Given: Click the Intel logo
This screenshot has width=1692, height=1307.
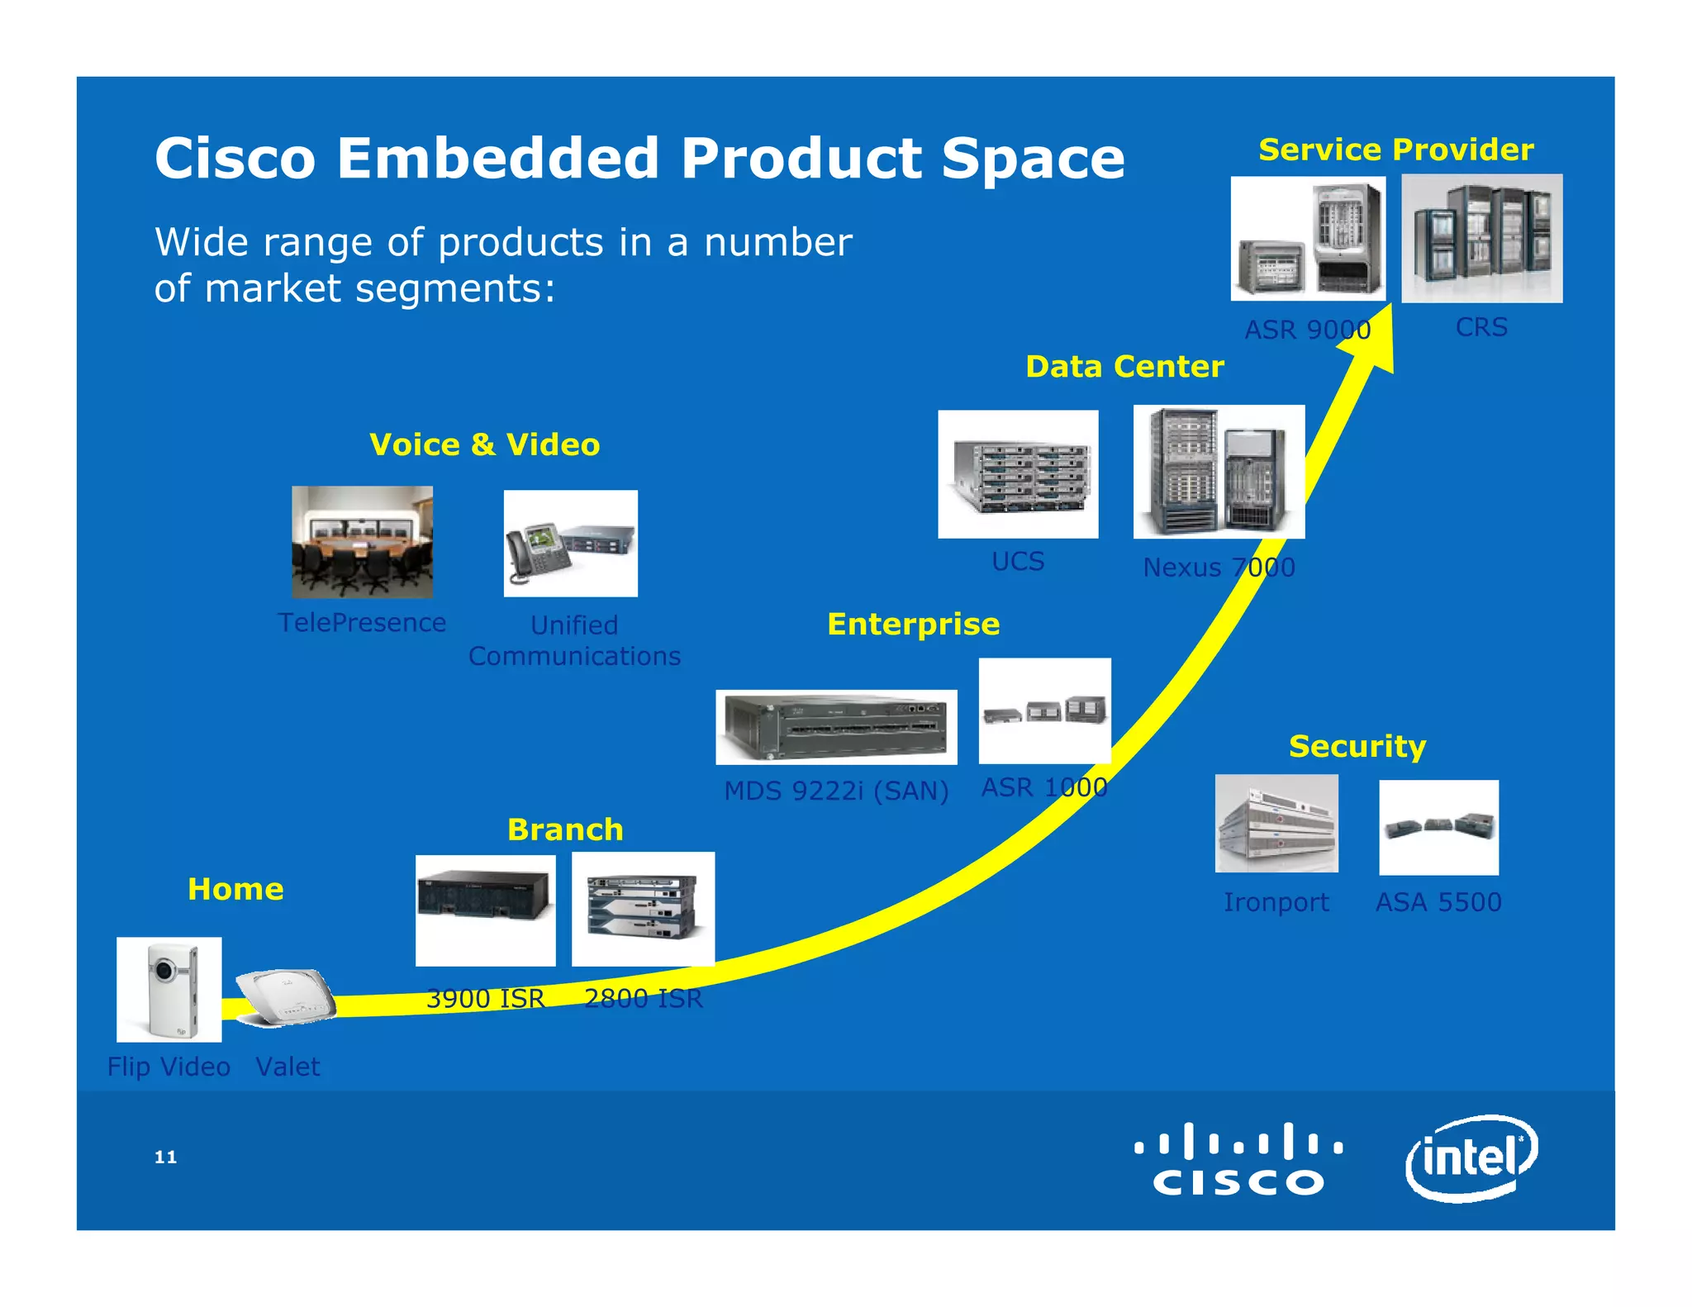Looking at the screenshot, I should point(1471,1157).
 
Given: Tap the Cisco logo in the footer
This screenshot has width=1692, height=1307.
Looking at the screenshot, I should point(1238,1158).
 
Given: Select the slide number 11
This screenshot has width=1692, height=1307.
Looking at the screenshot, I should point(165,1157).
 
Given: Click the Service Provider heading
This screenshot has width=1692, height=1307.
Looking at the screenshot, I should point(1395,150).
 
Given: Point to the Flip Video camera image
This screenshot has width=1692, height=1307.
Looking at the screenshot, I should point(169,989).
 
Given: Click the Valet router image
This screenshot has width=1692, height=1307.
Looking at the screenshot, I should point(286,997).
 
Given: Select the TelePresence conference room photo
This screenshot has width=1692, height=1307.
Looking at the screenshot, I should point(362,542).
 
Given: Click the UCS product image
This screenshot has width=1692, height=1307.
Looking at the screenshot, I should point(1018,474).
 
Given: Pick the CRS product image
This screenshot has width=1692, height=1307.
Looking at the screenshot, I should point(1481,238).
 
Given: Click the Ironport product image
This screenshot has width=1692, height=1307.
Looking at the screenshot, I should point(1276,823).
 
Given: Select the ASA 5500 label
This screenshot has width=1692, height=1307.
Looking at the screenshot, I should point(1438,901).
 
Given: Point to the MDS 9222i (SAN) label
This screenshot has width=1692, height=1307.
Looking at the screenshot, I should point(836,791).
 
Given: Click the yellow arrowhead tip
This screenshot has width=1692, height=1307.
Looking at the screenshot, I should point(1390,310).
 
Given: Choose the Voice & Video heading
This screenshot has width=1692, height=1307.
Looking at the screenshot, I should point(484,444).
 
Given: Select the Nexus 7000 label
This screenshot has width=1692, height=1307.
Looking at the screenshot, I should point(1219,568).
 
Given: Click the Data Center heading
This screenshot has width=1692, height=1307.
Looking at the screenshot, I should point(1124,366).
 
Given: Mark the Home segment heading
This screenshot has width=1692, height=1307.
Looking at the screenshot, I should point(235,889).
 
